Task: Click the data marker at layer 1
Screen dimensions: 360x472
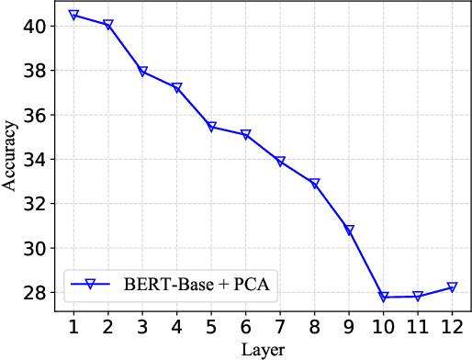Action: [73, 16]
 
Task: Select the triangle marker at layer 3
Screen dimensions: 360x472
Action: [142, 72]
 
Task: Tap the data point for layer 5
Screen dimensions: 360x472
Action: [211, 127]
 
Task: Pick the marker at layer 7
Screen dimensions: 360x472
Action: [280, 162]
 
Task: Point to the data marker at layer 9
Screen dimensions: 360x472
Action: [349, 231]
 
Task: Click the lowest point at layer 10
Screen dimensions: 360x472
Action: [383, 297]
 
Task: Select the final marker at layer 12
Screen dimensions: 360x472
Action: [452, 287]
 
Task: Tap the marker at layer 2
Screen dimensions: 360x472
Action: [108, 25]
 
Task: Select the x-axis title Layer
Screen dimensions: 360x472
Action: [263, 349]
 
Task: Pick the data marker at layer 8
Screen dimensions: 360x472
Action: [314, 184]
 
